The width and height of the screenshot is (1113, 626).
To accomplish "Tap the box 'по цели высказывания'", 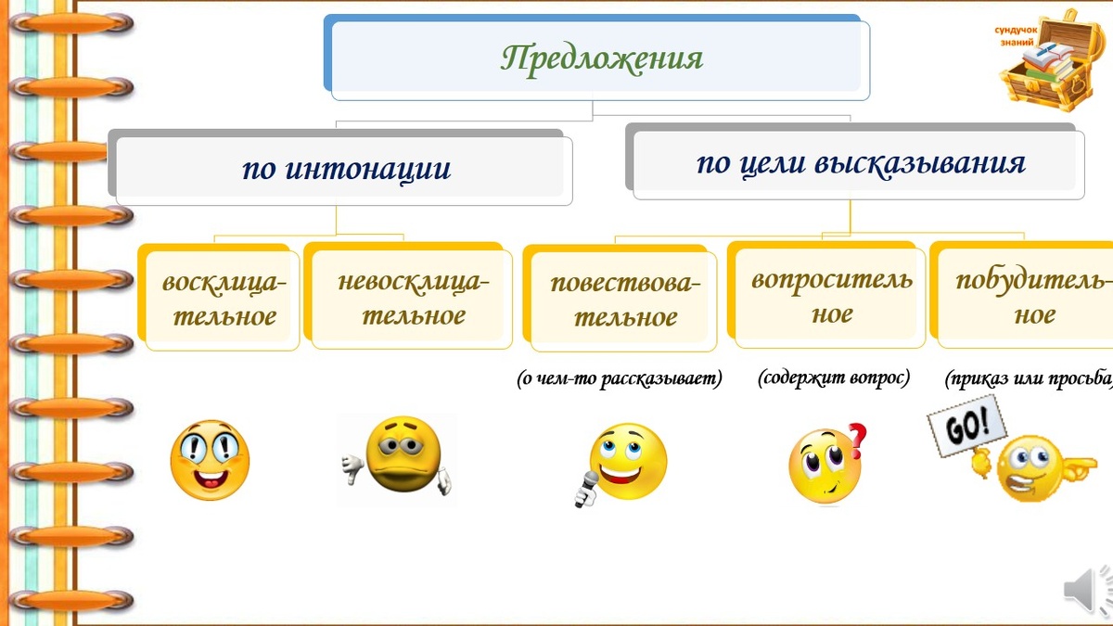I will pyautogui.click(x=859, y=165).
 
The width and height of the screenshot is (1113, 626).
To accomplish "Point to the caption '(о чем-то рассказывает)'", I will pyautogui.click(x=620, y=378).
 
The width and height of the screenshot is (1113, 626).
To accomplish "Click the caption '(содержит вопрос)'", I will pyautogui.click(x=834, y=378).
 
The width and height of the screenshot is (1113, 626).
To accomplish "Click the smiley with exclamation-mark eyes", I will pyautogui.click(x=210, y=459).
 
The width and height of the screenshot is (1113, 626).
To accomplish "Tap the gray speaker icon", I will pyautogui.click(x=1086, y=590).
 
